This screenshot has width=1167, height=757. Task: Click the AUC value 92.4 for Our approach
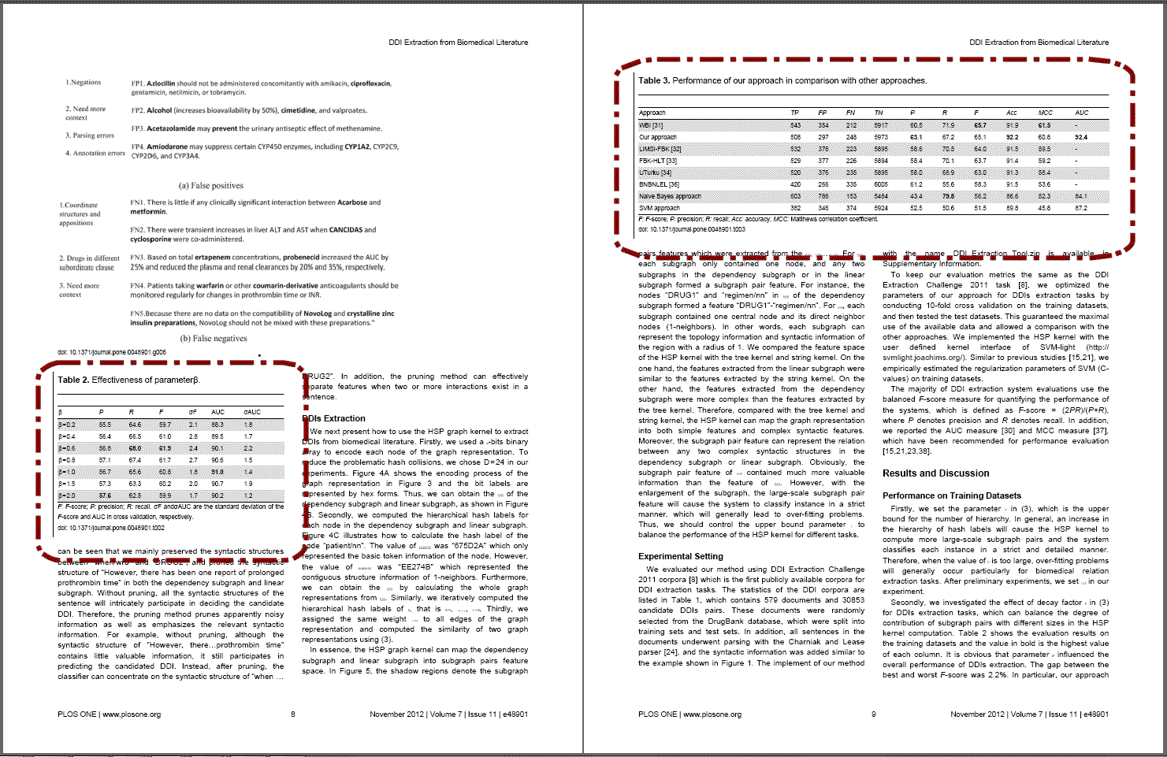(1080, 137)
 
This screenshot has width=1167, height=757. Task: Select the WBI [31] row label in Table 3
(651, 125)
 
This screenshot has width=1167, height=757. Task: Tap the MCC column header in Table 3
(1045, 113)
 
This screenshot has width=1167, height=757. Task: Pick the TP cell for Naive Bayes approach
(795, 196)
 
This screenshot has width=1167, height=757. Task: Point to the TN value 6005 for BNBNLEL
(880, 184)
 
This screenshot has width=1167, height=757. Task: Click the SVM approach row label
(659, 208)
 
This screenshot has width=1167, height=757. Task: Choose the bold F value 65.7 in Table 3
(979, 125)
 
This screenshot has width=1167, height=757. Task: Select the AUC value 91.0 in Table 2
(217, 472)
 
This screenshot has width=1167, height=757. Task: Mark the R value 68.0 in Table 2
(135, 448)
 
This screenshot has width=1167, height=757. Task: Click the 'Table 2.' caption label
(73, 380)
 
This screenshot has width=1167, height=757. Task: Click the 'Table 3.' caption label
(654, 80)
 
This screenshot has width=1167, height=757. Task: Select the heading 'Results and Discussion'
(935, 473)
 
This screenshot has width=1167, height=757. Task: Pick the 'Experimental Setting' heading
(680, 556)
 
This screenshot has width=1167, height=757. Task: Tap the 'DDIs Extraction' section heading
(336, 418)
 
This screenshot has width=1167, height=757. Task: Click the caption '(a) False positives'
(210, 186)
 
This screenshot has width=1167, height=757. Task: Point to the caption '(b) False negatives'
(213, 339)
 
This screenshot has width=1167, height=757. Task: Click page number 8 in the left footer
(293, 714)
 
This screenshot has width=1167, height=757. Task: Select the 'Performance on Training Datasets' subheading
(951, 495)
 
